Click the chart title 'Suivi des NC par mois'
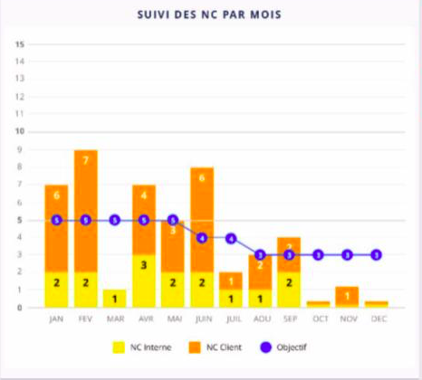pos(211,15)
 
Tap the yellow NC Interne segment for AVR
pos(144,280)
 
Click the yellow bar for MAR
pos(115,299)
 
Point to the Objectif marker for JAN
pos(57,220)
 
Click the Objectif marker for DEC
pos(376,255)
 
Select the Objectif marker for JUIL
pos(231,238)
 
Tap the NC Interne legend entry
pos(142,347)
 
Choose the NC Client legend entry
pos(216,347)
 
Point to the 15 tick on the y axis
pos(19,43)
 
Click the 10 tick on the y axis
pos(19,131)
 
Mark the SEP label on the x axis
pos(289,318)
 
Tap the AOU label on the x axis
pos(260,318)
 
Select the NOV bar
pos(347,297)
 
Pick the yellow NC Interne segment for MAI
pos(173,290)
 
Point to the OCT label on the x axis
pos(318,318)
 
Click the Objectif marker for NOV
pos(347,255)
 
